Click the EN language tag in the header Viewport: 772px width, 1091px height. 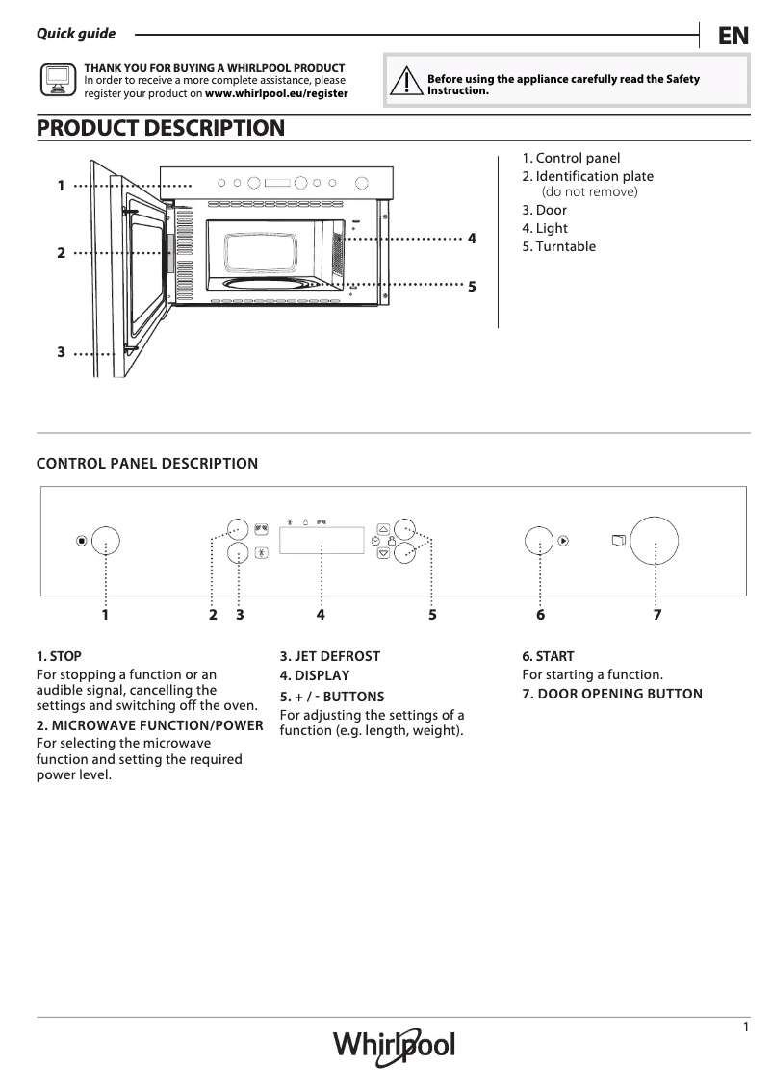(733, 36)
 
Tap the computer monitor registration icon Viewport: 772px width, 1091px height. (58, 82)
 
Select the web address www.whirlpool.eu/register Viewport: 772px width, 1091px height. (277, 94)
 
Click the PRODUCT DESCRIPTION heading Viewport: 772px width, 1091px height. (160, 128)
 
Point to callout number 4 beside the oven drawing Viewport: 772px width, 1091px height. (472, 238)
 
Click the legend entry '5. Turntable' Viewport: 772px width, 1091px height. (558, 246)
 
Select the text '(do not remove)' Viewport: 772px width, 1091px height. (589, 191)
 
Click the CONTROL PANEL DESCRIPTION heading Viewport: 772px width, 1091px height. (147, 464)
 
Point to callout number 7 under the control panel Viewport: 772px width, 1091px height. (656, 614)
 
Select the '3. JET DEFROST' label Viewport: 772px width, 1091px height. (330, 656)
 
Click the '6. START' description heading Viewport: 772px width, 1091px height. (548, 656)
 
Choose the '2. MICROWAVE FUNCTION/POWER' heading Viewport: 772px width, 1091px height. (149, 725)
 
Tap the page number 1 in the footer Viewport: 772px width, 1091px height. (745, 1028)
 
